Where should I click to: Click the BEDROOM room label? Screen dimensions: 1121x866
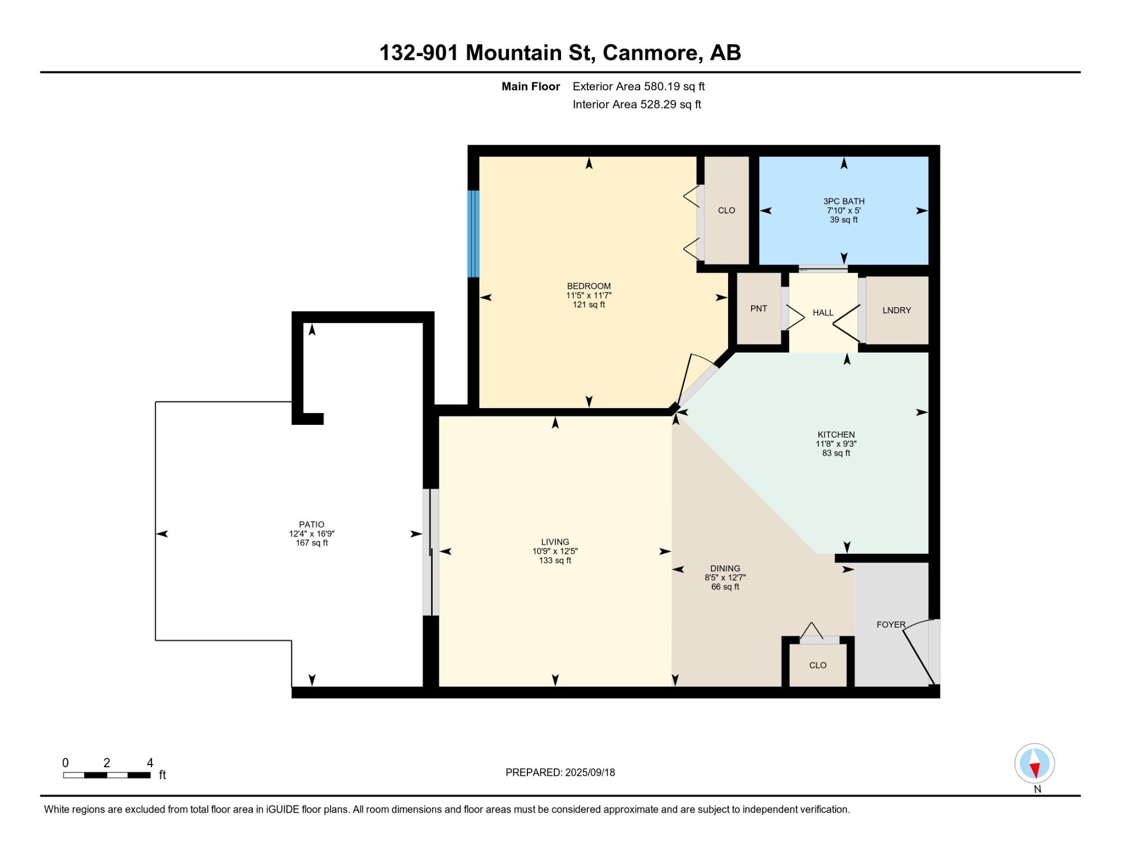(589, 286)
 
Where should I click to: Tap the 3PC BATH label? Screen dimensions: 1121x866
(844, 201)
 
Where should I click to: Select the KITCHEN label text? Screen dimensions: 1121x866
(836, 434)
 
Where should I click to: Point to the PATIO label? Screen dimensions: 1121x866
(312, 525)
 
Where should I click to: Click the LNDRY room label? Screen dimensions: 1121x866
(896, 310)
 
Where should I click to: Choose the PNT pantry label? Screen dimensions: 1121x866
(758, 308)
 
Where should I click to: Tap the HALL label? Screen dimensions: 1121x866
(823, 313)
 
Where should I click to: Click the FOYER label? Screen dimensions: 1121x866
(891, 624)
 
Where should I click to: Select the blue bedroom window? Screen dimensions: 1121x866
(474, 234)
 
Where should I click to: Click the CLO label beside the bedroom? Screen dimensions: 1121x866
(726, 210)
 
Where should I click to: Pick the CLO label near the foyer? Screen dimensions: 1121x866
(818, 665)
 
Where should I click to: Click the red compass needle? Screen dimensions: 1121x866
(1036, 770)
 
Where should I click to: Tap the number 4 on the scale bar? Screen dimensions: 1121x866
(150, 762)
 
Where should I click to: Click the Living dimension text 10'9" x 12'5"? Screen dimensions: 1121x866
(555, 551)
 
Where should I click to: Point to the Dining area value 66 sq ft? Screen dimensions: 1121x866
(725, 587)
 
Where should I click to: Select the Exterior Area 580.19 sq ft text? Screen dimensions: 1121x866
(638, 86)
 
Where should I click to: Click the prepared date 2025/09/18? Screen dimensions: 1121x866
(590, 772)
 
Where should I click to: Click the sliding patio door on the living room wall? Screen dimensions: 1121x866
(431, 552)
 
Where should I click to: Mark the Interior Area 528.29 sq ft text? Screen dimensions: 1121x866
(637, 104)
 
